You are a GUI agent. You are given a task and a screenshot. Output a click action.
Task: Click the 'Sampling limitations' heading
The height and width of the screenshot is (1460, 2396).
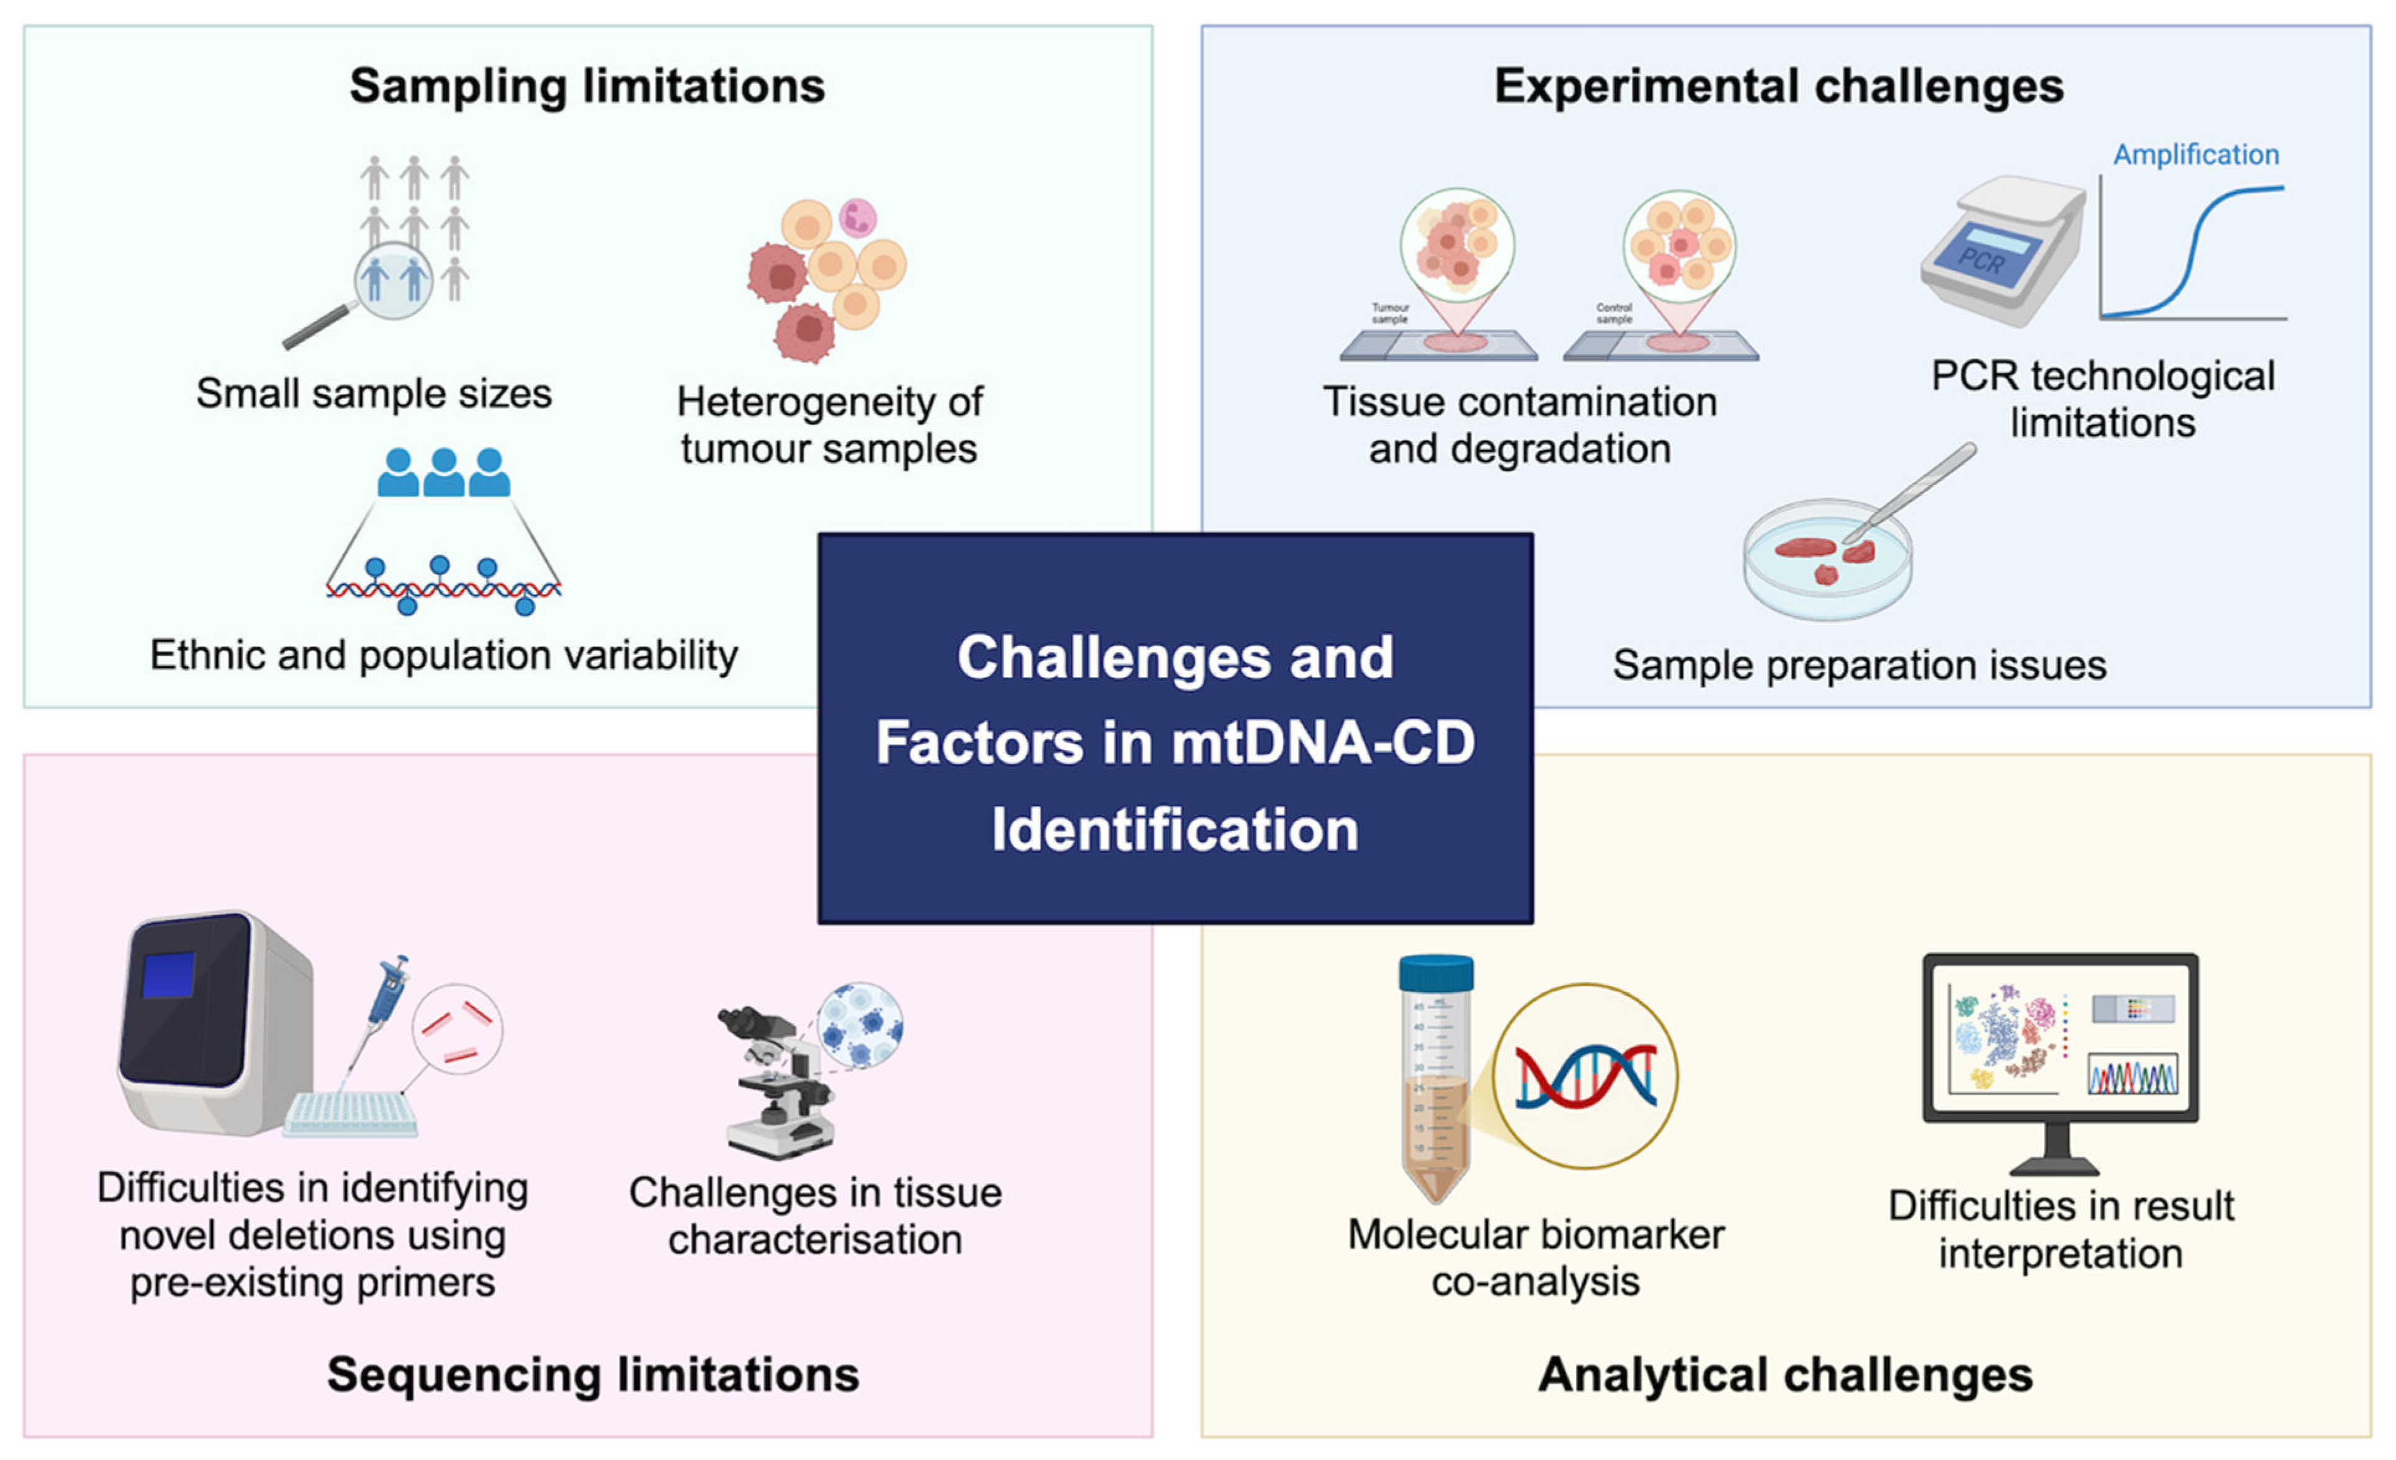pos(587,86)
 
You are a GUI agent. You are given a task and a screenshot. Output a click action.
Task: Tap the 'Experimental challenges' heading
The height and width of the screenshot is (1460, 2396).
pos(1778,86)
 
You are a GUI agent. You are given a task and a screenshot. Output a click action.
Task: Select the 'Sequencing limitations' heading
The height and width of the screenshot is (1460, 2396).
pos(593,1374)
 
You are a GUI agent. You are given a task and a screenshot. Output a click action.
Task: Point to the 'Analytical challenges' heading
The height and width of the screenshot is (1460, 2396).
pos(1785,1374)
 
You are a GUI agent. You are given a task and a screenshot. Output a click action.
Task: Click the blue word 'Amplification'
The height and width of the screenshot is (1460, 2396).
pos(2196,154)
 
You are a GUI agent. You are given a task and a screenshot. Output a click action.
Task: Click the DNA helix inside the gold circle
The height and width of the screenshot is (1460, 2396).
pos(1585,1076)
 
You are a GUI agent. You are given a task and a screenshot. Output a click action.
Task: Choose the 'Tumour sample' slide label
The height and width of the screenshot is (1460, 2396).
pos(1390,313)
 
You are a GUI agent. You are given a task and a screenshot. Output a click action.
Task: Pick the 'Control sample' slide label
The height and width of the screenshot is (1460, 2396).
pos(1613,313)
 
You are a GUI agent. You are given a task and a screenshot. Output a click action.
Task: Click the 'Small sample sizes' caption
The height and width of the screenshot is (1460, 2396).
pos(374,393)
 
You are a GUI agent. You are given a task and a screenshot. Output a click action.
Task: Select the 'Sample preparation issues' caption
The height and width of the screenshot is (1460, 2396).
pos(1859,665)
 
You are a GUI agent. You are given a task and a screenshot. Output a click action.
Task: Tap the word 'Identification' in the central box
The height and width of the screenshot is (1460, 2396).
pos(1174,829)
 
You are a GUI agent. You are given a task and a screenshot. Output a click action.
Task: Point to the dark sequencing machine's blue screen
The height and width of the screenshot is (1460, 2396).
pos(168,975)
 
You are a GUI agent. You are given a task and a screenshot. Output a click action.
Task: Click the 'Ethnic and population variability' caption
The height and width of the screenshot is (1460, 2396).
pos(443,655)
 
